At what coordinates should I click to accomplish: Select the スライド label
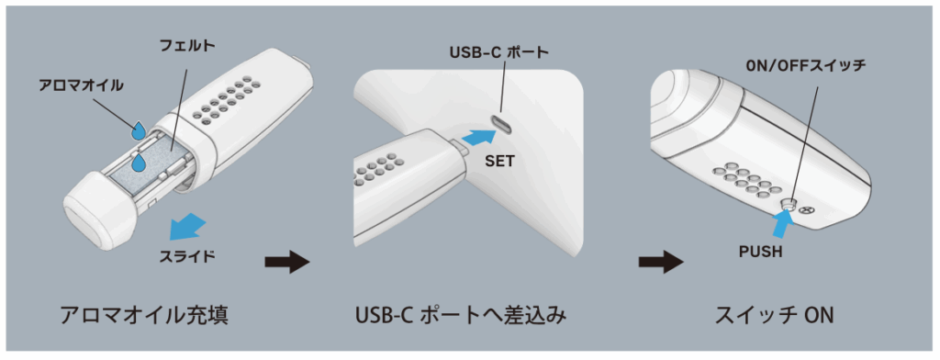187,256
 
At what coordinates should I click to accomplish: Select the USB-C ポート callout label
498,52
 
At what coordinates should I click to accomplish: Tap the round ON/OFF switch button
789,206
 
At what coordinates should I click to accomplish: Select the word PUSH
761,252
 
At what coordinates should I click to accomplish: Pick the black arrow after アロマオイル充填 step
287,262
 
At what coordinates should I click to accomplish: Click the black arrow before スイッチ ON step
661,262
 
